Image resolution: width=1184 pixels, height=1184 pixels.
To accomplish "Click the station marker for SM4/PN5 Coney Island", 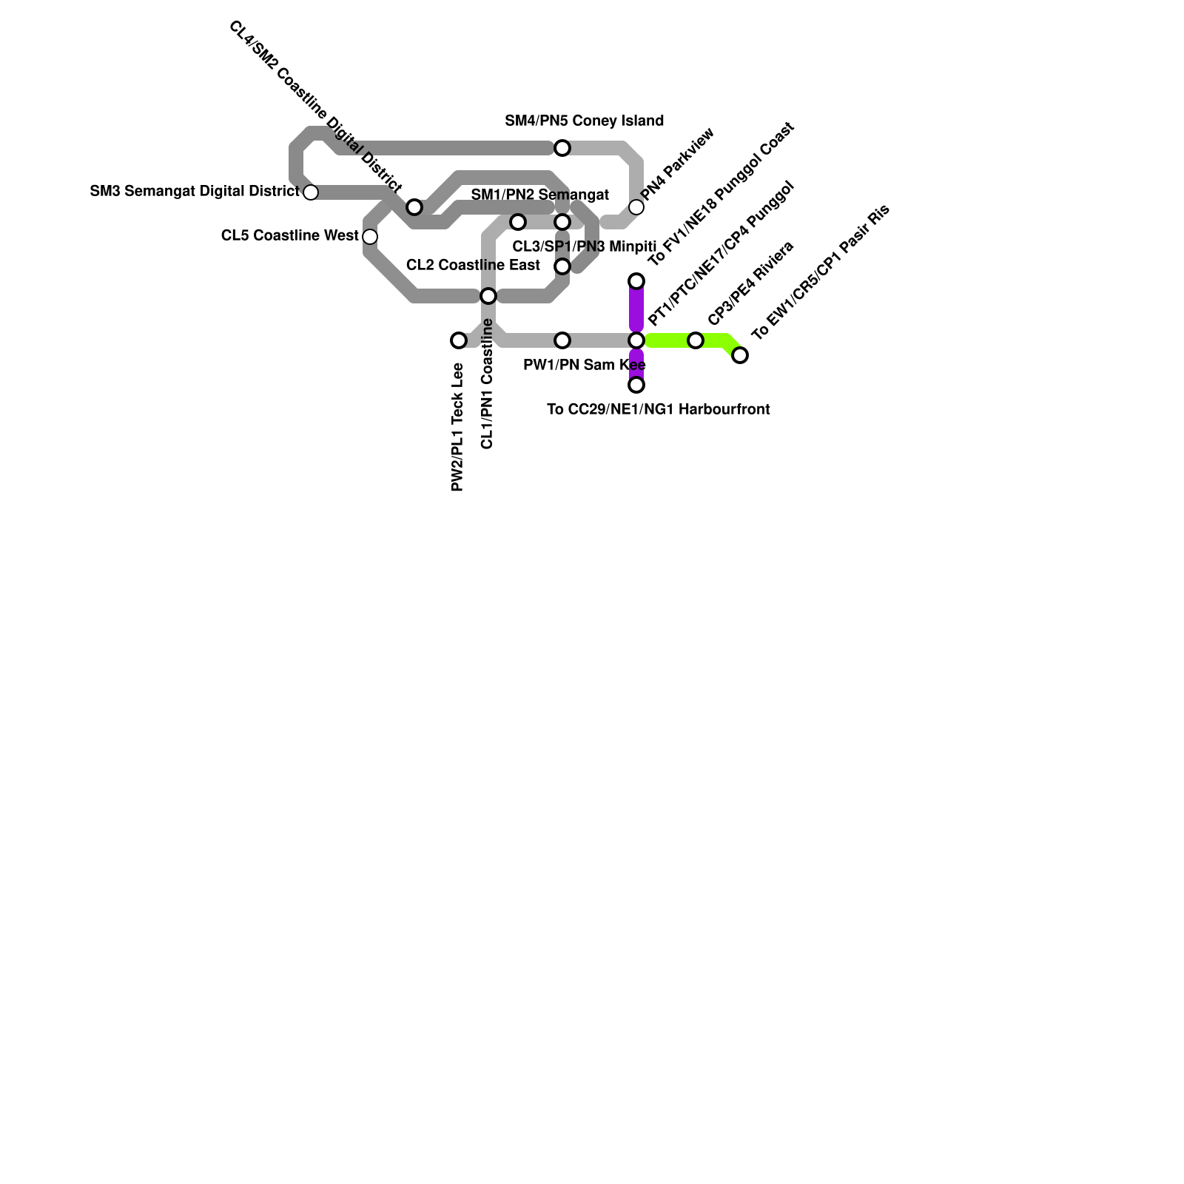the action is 562,148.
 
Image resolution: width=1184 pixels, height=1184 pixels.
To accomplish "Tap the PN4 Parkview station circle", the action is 636,207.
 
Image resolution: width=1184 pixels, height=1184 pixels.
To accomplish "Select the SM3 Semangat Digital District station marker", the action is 311,192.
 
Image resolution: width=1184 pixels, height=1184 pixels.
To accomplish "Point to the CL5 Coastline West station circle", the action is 370,237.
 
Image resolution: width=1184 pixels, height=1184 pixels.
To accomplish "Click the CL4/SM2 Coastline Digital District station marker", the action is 414,207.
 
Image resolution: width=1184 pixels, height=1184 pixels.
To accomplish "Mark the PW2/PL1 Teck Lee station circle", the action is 459,340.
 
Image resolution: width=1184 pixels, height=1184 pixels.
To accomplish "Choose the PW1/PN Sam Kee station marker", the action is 562,340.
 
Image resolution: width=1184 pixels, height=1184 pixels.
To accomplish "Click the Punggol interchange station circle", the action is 636,340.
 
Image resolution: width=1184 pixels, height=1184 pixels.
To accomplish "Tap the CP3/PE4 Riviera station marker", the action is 696,340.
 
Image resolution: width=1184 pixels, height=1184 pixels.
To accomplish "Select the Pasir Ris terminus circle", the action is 740,355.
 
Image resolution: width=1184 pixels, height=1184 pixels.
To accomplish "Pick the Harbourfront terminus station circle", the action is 636,385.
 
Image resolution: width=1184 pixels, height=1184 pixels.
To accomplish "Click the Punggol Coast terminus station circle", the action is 636,281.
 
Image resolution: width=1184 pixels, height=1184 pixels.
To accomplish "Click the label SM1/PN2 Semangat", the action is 539,195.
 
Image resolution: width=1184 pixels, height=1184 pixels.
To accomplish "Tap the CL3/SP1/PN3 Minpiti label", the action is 584,246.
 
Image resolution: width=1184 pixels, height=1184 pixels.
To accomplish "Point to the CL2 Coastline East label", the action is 473,265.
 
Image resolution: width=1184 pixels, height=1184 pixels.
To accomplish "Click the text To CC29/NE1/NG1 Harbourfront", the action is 658,409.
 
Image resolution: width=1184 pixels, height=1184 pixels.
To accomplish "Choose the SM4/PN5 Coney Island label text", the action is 584,121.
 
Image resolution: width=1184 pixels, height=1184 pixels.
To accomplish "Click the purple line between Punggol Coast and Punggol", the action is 636,311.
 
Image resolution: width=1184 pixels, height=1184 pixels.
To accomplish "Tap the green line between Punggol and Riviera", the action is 666,340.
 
